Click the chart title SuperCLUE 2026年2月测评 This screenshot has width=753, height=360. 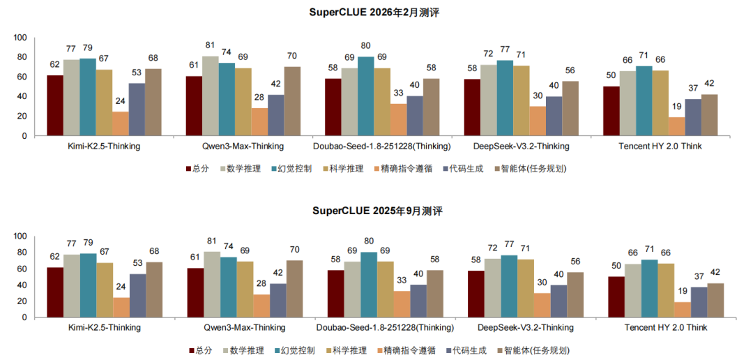point(376,13)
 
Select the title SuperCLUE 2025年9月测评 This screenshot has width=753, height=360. point(376,211)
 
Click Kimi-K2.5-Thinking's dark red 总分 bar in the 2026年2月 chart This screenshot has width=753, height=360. point(55,105)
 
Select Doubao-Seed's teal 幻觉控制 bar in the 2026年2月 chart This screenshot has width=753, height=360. point(365,96)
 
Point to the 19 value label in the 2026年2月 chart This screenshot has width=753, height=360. point(676,107)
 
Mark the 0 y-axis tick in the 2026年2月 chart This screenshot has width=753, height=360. point(24,136)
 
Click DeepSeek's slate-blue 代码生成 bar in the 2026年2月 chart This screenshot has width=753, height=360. point(554,116)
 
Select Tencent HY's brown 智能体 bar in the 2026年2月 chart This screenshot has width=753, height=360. point(710,115)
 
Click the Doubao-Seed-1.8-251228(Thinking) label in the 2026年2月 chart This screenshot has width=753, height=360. point(383,147)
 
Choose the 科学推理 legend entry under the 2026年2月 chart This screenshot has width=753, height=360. point(348,168)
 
